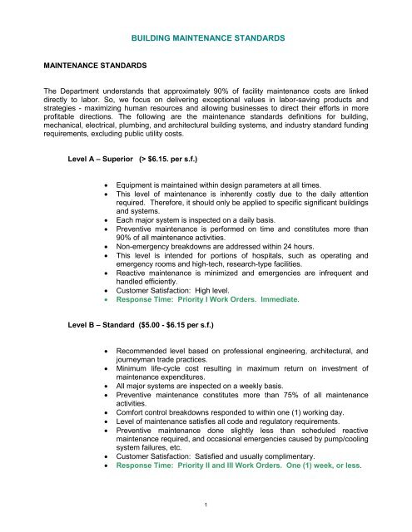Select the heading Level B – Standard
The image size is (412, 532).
click(x=103, y=339)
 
